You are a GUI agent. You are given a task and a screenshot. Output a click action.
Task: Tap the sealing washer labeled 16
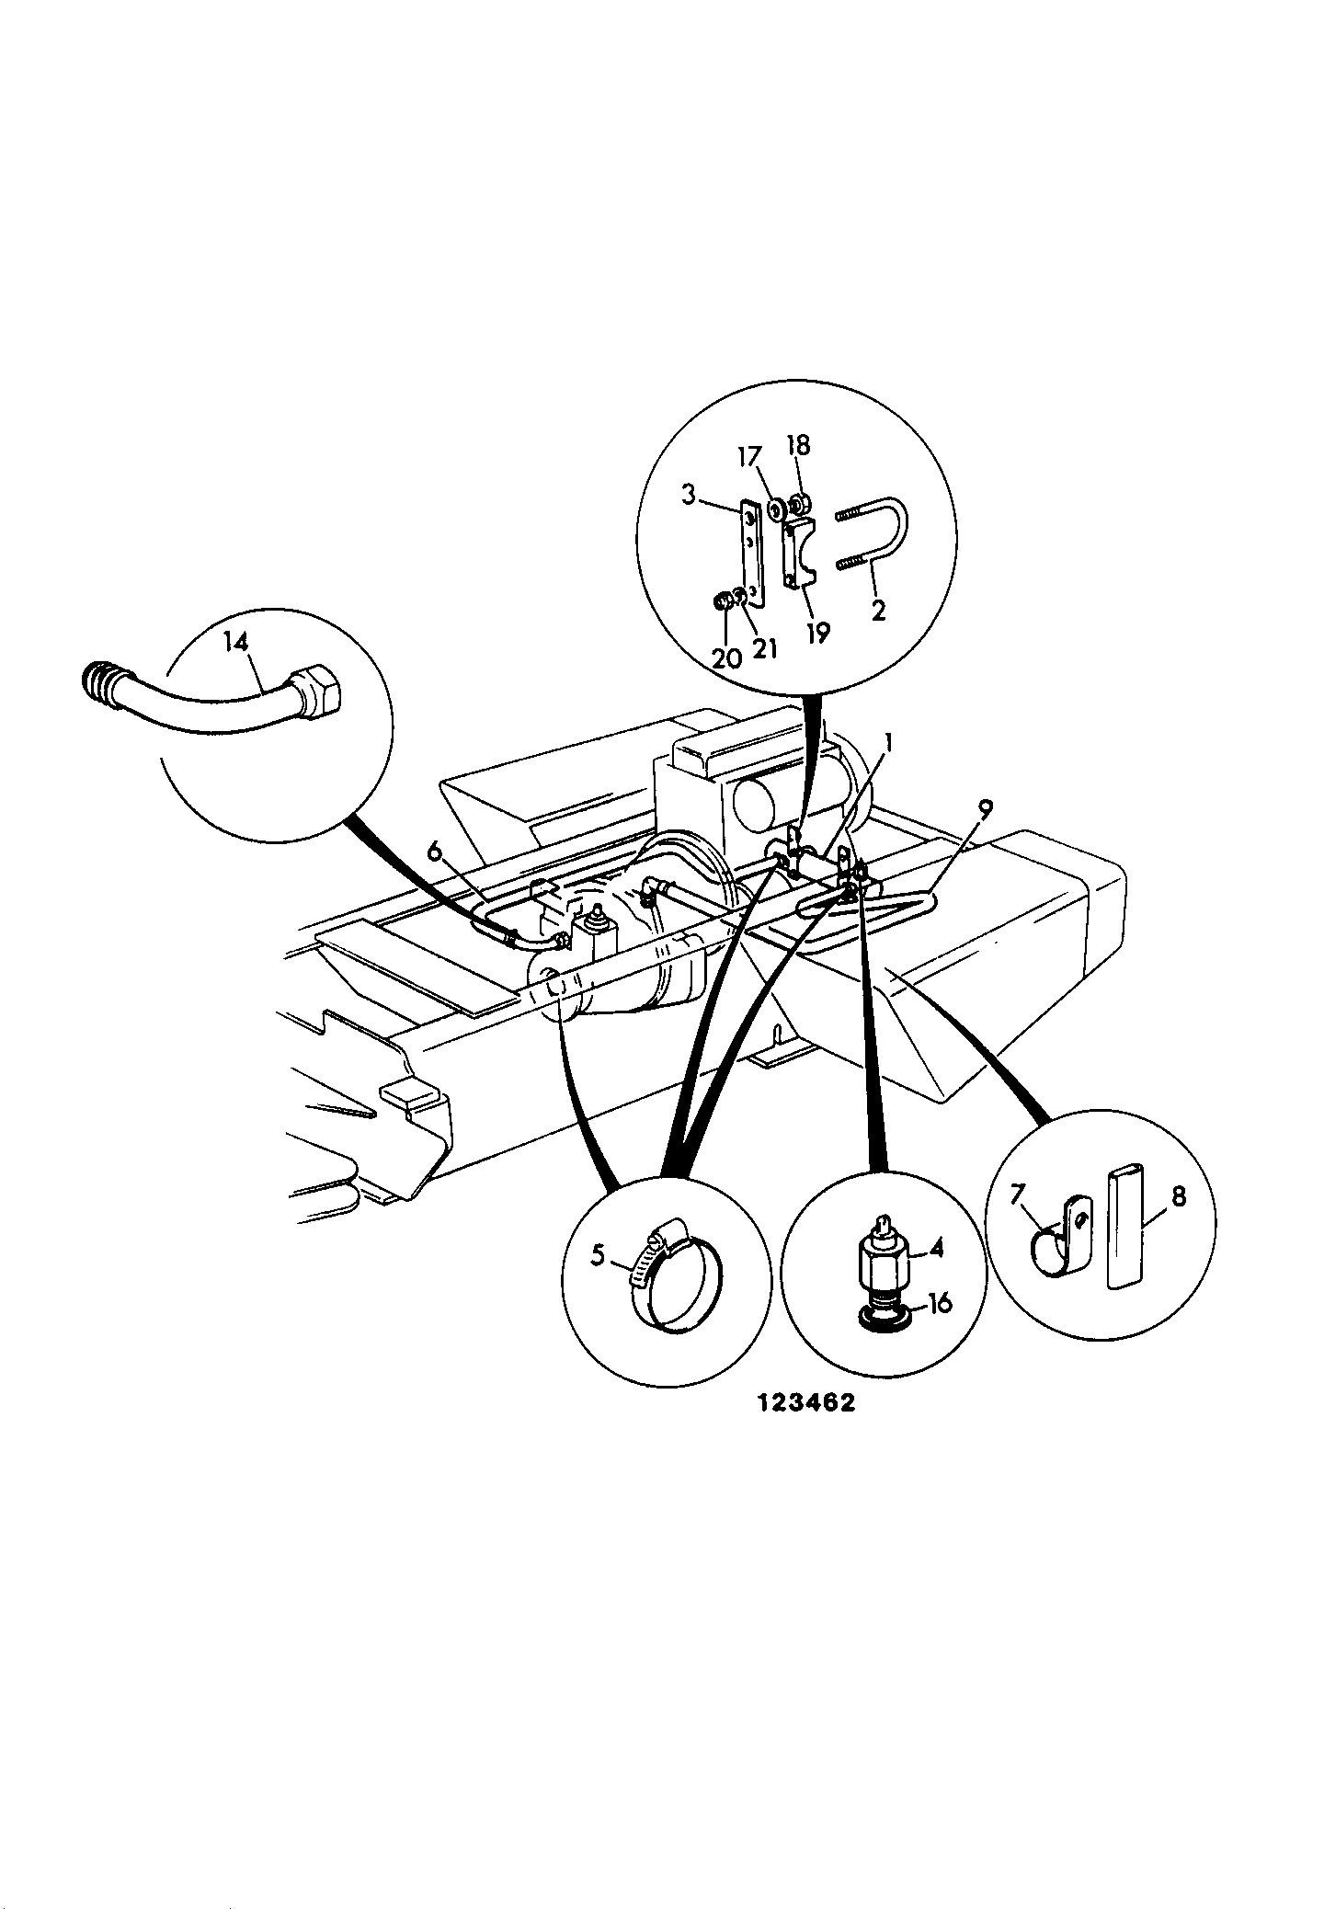(884, 1320)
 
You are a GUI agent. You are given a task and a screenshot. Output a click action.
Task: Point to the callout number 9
(985, 809)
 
